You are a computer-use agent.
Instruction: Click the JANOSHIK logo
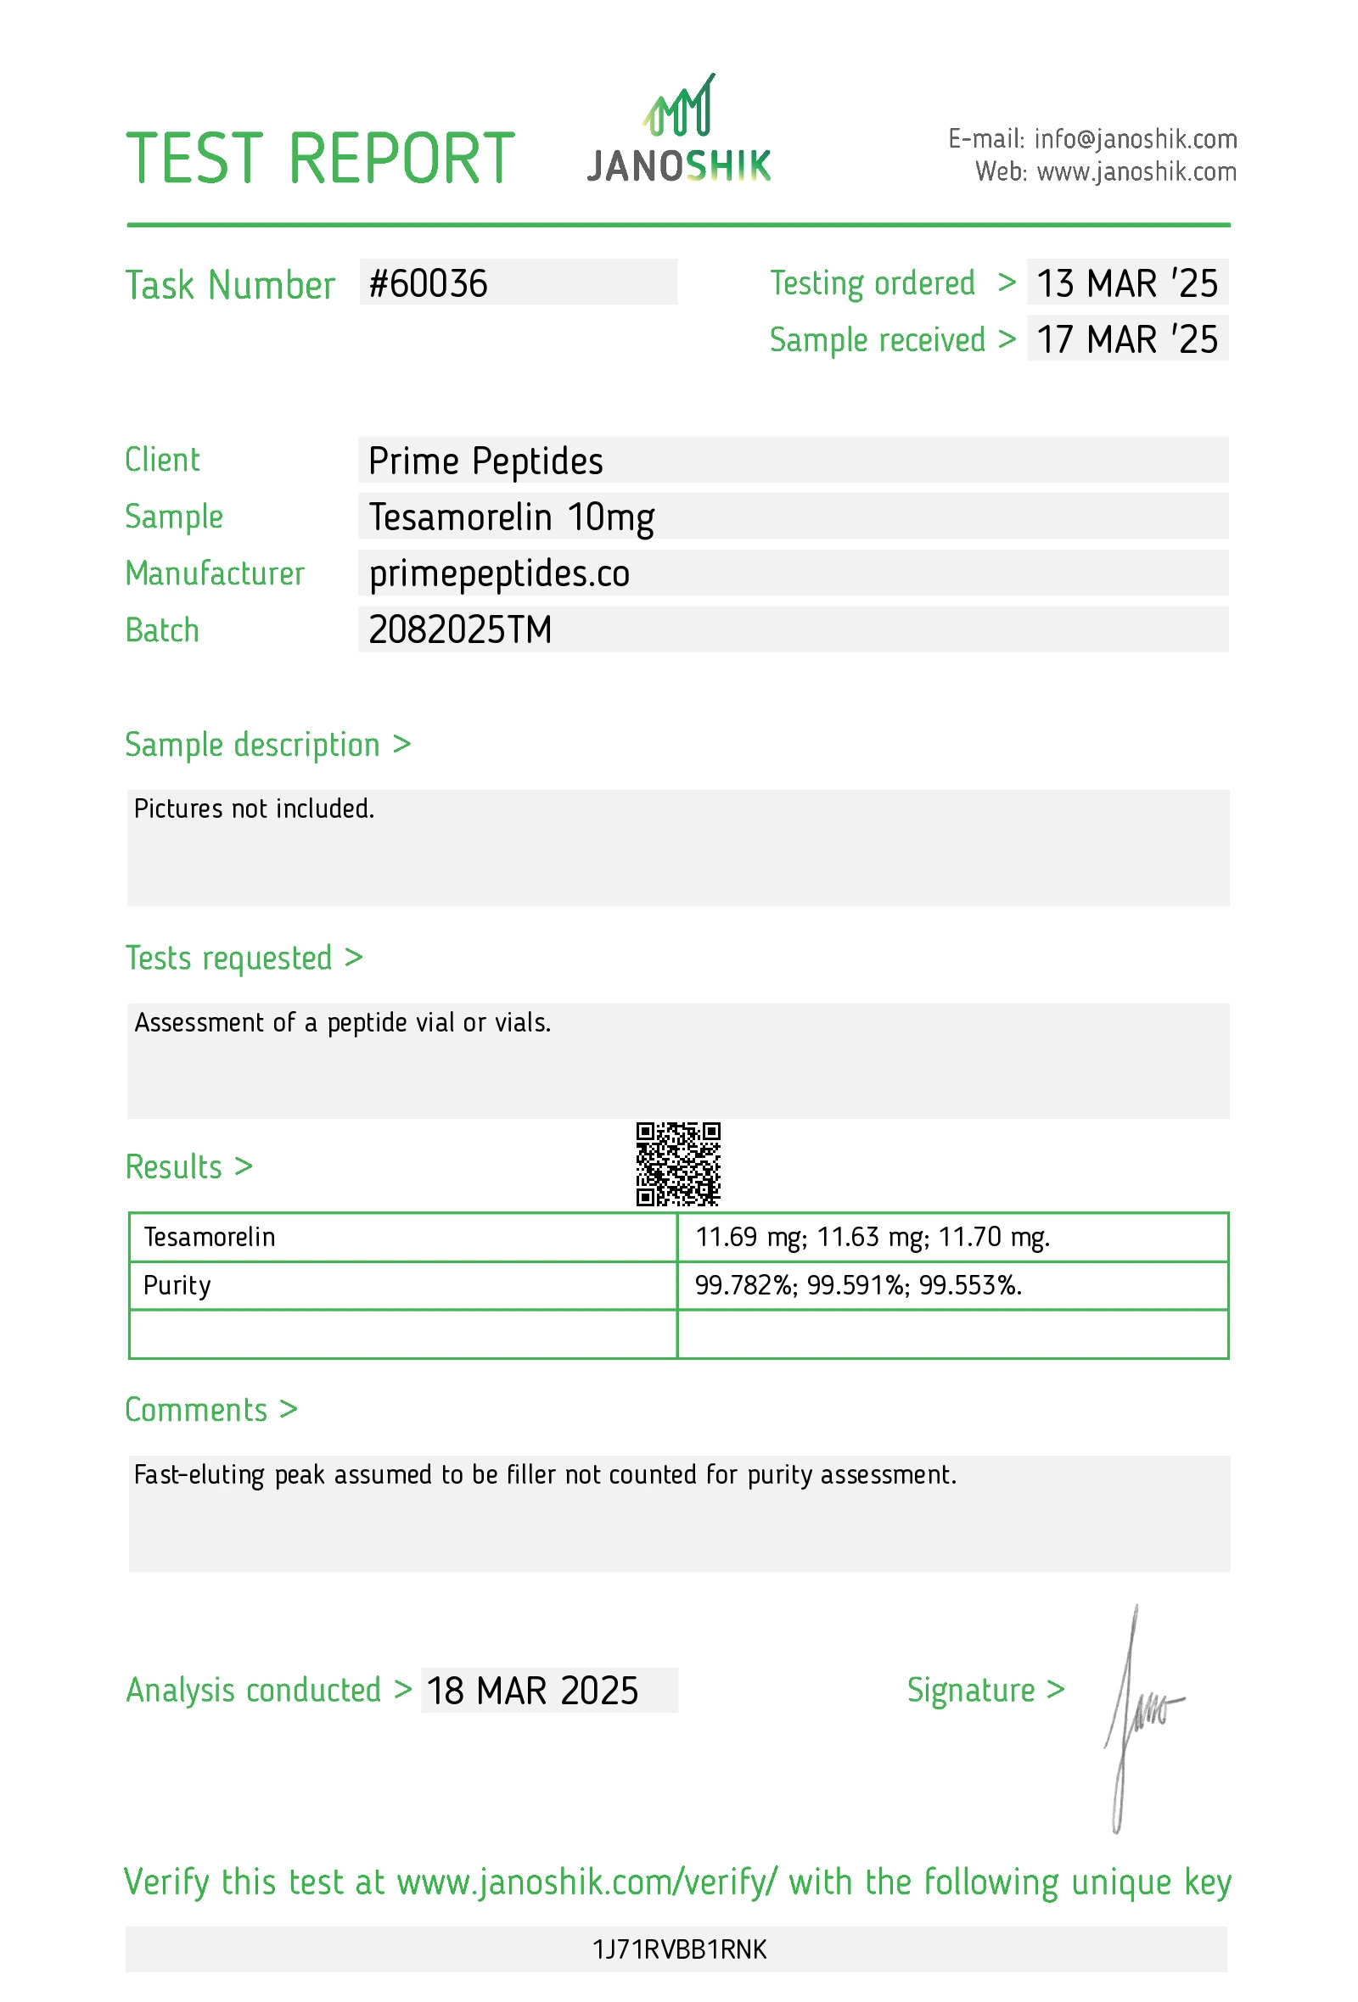[678, 131]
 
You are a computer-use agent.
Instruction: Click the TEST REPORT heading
[320, 159]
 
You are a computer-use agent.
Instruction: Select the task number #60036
[429, 284]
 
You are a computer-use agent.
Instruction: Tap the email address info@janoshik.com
[1135, 138]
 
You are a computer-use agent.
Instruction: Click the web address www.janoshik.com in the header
[1136, 172]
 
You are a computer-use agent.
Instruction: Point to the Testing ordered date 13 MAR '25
[1126, 284]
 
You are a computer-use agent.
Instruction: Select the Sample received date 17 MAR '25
[1126, 339]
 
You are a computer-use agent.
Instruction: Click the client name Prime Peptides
[485, 461]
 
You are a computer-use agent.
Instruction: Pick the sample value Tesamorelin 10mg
[511, 517]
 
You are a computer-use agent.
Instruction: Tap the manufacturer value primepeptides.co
[499, 573]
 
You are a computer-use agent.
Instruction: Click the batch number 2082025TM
[460, 629]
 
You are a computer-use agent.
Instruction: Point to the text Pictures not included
[254, 809]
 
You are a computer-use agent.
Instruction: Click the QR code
[678, 1164]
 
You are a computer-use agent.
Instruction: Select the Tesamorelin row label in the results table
[210, 1237]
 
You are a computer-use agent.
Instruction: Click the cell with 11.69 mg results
[872, 1237]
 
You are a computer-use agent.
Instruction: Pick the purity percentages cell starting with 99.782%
[858, 1285]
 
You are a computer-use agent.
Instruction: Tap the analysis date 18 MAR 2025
[532, 1691]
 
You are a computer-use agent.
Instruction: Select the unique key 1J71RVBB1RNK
[679, 1949]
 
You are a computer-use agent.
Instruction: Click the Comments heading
[196, 1410]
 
